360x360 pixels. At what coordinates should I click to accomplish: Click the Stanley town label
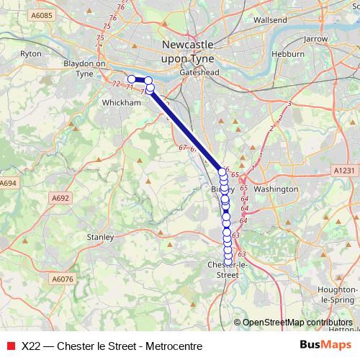point(100,236)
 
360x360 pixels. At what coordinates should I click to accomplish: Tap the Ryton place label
point(31,54)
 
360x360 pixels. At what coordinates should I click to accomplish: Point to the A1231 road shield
point(345,170)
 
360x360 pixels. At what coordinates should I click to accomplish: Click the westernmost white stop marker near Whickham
point(132,79)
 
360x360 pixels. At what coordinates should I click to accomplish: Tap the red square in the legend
point(10,346)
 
